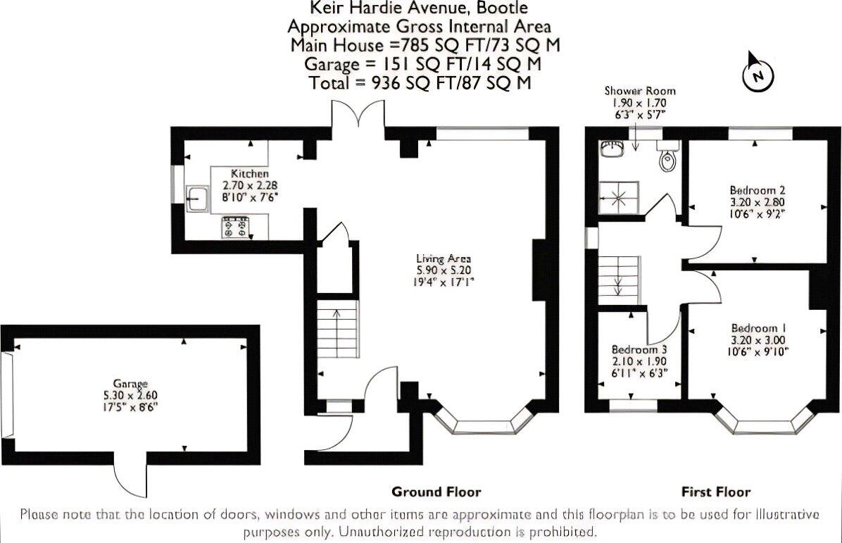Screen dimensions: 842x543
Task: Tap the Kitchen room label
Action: coord(250,173)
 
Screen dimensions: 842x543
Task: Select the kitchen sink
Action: coord(198,199)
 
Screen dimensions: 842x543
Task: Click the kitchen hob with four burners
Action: coord(237,227)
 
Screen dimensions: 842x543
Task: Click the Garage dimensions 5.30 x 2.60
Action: coord(130,395)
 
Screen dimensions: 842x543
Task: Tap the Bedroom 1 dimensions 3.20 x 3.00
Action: coord(758,340)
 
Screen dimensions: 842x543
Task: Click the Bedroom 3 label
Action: coord(639,349)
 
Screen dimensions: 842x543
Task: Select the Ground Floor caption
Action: coord(436,492)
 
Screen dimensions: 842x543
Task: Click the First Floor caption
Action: coord(716,492)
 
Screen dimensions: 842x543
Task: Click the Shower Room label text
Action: coord(639,91)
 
